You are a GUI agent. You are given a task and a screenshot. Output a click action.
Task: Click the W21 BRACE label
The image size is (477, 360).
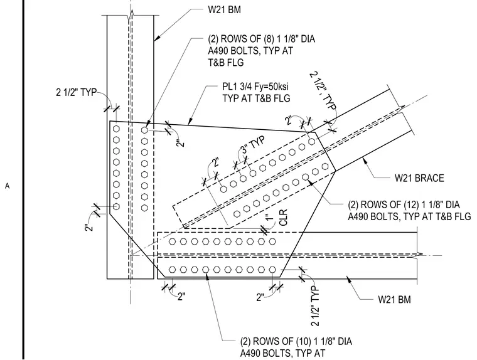(419, 178)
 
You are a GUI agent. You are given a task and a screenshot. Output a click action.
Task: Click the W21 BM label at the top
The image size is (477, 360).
(224, 10)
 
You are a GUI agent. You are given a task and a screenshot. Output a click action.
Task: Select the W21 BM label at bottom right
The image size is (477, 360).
(394, 300)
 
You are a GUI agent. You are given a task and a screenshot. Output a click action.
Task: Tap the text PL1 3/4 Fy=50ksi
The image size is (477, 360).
(255, 87)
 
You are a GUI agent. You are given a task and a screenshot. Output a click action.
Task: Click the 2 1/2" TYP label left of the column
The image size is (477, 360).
(76, 92)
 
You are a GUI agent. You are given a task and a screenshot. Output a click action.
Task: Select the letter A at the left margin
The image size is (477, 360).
(8, 186)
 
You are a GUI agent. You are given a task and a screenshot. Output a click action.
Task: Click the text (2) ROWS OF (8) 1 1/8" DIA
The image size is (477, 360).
(261, 39)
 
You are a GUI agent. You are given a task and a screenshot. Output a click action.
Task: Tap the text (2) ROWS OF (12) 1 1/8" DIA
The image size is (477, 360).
(404, 204)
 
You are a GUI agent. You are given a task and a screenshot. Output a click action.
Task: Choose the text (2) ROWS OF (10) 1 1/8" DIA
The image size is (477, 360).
(296, 341)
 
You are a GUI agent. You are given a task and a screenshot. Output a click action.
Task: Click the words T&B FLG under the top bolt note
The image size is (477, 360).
(226, 63)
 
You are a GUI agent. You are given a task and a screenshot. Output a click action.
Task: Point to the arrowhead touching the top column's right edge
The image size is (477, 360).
(157, 38)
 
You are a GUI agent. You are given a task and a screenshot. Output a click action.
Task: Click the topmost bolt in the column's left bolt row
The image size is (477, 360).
(116, 129)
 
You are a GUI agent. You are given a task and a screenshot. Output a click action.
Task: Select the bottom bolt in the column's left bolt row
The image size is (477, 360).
(116, 206)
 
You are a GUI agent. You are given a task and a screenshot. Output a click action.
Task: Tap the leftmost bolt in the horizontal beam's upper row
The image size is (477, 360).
(173, 241)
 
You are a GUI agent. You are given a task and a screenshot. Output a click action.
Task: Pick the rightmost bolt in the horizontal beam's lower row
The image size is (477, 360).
(272, 270)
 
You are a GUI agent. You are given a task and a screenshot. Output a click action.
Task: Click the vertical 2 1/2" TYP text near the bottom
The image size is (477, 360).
(315, 306)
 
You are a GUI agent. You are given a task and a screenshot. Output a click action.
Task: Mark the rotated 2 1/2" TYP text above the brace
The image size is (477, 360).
(323, 90)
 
